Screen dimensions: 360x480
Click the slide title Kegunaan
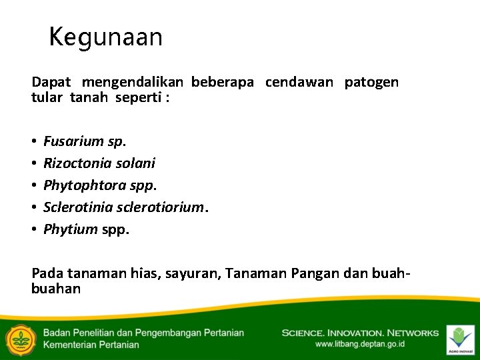tap(106, 37)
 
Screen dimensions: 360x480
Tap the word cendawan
tap(299, 82)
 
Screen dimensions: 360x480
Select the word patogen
tap(371, 83)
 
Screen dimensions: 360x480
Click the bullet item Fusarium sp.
tap(85, 141)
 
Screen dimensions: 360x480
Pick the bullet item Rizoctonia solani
tap(99, 163)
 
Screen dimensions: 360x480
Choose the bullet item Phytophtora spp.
tap(100, 185)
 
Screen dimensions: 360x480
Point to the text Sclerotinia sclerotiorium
tap(126, 207)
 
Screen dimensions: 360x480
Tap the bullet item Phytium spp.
tap(87, 230)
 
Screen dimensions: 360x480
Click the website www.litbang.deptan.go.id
tap(359, 345)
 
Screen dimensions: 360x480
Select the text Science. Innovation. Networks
tap(360, 333)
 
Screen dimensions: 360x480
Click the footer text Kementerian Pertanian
tap(91, 345)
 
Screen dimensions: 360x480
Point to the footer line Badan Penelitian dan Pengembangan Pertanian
tap(143, 333)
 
